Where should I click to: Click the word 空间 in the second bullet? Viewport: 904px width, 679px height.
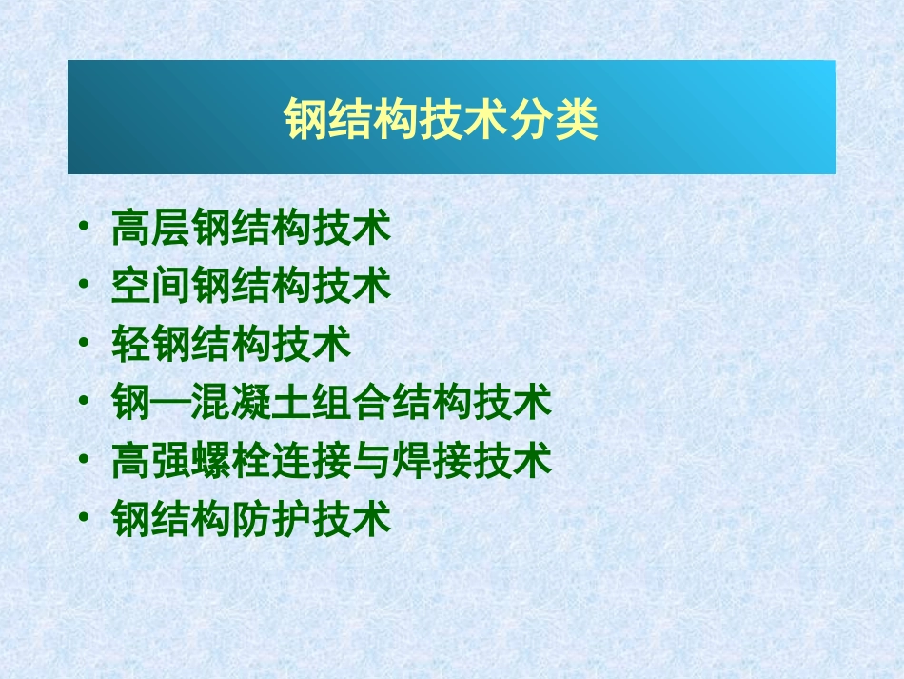151,286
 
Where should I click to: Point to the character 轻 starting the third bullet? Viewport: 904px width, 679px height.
131,344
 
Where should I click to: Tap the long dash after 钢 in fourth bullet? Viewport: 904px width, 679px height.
171,403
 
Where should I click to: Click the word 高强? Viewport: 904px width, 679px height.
151,461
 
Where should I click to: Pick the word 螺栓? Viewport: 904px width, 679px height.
231,461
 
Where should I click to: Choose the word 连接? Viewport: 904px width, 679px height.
311,461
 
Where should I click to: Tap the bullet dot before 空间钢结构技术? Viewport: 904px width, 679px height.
87,286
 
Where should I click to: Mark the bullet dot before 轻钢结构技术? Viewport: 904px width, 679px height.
87,344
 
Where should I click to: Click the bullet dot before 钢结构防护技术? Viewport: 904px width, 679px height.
87,520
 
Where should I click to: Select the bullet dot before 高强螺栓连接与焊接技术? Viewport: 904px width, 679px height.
87,461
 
